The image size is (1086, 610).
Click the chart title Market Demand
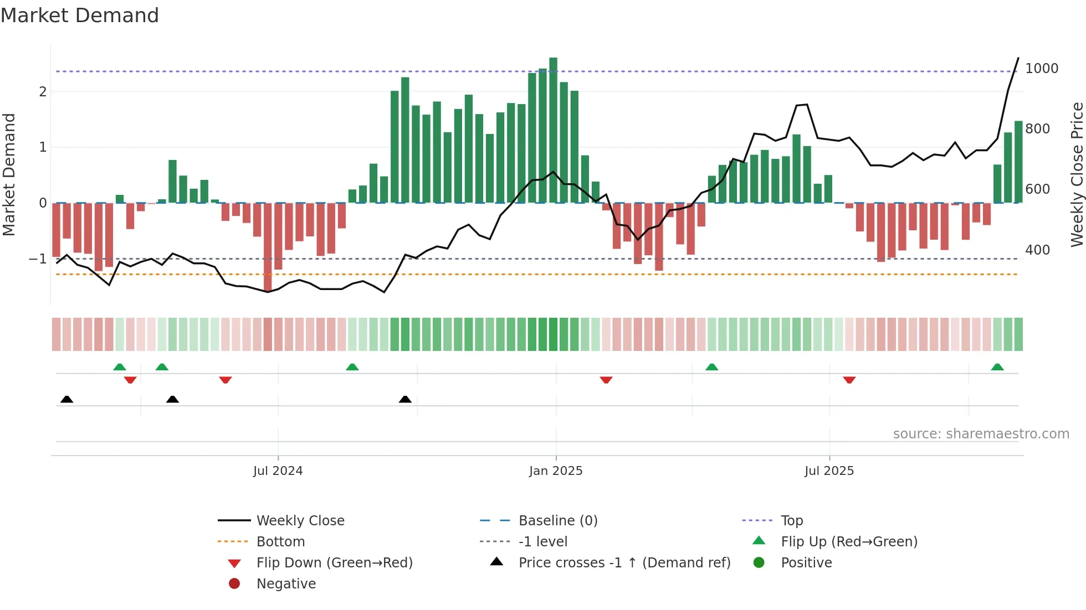80,15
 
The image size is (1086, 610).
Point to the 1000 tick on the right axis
1041,69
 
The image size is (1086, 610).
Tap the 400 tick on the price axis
1037,250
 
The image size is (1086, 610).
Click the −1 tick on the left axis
38,259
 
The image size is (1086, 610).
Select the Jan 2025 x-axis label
556,471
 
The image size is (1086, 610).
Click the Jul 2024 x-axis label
278,471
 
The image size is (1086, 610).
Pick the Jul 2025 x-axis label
829,471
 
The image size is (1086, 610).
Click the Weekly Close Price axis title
1077,174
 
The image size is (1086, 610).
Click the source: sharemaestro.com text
981,434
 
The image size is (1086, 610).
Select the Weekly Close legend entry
300,521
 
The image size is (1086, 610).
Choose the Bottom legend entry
280,542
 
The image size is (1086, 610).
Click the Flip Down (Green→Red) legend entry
334,563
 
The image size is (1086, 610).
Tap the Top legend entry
791,521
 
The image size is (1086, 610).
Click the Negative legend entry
286,584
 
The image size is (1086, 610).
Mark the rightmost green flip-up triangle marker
997,367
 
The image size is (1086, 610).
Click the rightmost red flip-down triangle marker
849,380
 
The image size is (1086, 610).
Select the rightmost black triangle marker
405,399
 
